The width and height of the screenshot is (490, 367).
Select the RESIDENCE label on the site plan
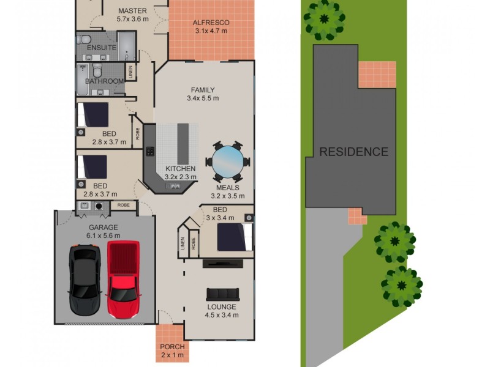click(x=353, y=152)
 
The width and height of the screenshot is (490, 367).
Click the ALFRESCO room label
click(x=211, y=23)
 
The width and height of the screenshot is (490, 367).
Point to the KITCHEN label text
click(x=180, y=169)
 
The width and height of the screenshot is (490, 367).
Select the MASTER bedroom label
click(x=133, y=11)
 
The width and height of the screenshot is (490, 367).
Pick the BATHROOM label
click(x=104, y=81)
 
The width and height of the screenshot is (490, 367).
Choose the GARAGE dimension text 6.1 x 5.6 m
click(x=102, y=235)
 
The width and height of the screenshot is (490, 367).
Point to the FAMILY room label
click(x=202, y=90)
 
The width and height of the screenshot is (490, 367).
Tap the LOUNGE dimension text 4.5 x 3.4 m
click(x=222, y=315)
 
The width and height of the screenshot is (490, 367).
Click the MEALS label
click(x=227, y=188)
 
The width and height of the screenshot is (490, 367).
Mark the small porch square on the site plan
click(x=355, y=216)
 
